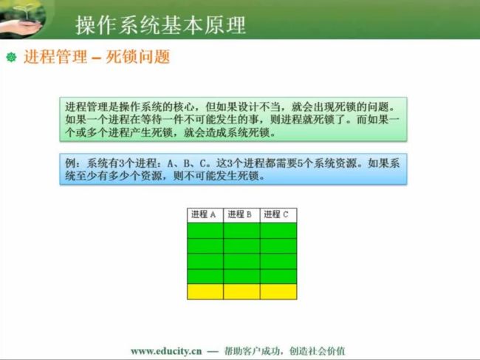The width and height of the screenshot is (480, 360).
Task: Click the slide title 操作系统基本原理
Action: coord(160,24)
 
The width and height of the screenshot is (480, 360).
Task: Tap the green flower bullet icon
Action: coord(11,57)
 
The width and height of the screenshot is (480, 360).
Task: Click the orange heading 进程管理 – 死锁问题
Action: coord(97,57)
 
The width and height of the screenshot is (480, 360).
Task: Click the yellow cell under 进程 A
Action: coord(205,292)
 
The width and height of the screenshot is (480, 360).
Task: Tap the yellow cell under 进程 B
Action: coord(241,292)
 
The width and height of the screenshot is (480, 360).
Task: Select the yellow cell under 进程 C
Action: coord(278,292)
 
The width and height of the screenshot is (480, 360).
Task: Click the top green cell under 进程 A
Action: coord(205,231)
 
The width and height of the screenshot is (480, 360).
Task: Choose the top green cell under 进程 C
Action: coord(278,231)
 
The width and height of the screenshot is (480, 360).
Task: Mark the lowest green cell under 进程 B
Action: coord(241,276)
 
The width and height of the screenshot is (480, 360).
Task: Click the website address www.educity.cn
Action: coord(166,351)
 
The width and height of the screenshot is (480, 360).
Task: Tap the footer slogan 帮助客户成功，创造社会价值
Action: coord(285,351)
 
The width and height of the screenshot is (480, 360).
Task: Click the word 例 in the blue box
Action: coord(70,163)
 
